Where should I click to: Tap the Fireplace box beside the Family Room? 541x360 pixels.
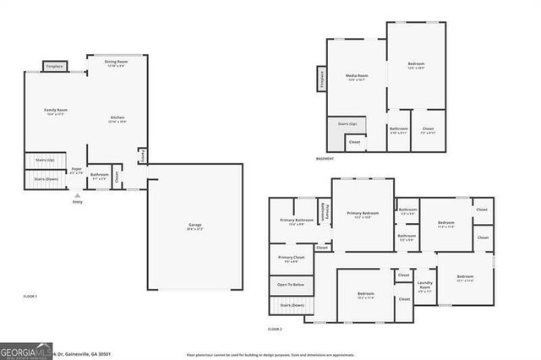(55, 66)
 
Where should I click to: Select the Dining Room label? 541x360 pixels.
(116, 63)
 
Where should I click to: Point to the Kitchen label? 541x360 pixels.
(117, 119)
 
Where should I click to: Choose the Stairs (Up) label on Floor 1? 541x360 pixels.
(46, 159)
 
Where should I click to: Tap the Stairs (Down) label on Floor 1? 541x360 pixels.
(46, 178)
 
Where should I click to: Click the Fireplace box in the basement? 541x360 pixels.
(322, 79)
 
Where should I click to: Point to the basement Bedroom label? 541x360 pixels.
(416, 65)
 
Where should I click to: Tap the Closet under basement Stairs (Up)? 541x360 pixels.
(354, 142)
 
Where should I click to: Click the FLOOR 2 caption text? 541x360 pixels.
(274, 328)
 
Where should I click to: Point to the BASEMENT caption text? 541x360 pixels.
(325, 158)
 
